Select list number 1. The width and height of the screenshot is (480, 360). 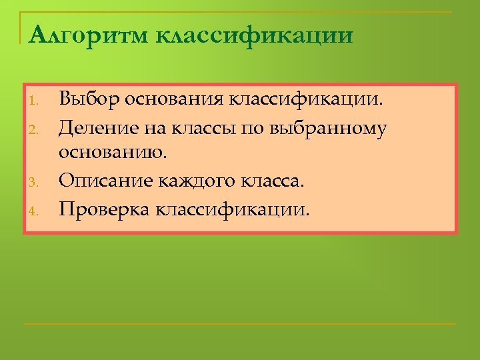coord(37,102)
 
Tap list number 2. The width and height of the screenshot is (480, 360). coord(37,128)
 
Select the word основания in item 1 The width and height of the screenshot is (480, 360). coord(175,100)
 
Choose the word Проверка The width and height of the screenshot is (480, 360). coord(105,210)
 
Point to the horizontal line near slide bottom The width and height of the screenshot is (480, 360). coord(240,325)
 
